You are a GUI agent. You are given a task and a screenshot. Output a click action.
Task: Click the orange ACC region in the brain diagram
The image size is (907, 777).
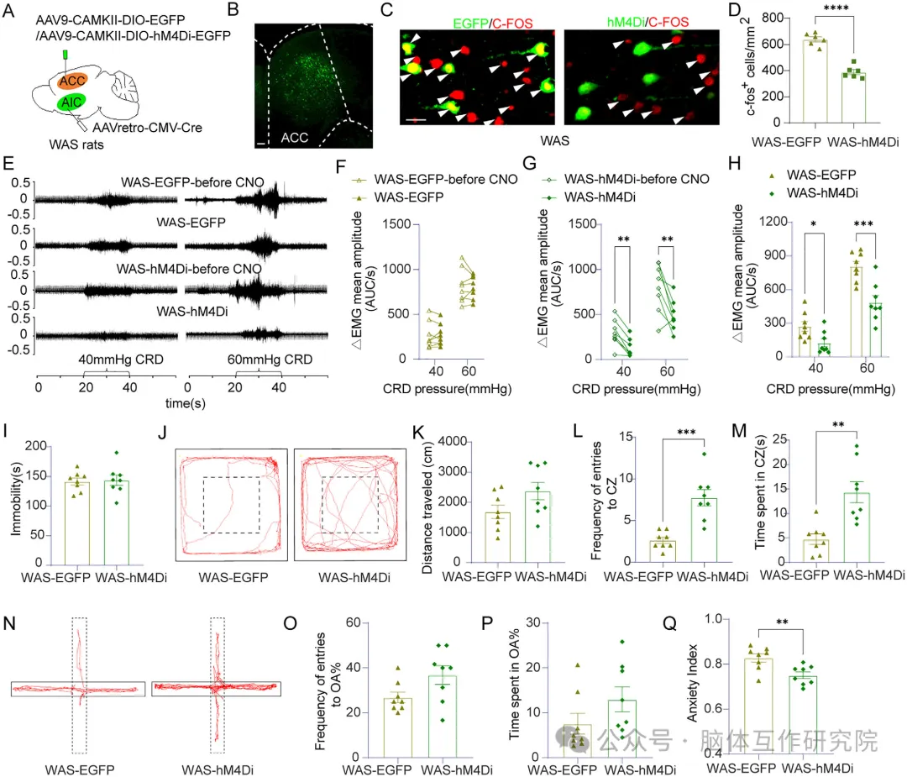tap(72, 81)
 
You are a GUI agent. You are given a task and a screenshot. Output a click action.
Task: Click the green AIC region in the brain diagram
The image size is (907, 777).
tap(71, 102)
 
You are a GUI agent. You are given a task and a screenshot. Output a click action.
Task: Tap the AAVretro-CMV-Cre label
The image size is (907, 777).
tap(148, 128)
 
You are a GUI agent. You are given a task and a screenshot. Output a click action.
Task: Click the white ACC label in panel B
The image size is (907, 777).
tap(295, 138)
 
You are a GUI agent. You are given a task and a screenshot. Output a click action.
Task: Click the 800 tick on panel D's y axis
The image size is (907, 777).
tap(773, 18)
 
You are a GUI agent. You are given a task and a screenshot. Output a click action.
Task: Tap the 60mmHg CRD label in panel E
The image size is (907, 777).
tap(270, 360)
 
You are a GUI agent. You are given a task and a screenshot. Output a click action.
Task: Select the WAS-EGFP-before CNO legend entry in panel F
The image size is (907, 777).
tap(435, 180)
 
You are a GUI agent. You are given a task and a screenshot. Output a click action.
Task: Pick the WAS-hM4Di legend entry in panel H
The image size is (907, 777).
tap(813, 193)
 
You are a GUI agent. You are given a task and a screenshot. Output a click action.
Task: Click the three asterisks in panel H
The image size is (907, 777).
tap(863, 224)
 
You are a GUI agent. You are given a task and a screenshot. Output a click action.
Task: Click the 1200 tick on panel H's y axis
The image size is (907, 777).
tap(773, 222)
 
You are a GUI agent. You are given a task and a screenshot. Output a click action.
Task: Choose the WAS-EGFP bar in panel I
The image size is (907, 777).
tap(77, 523)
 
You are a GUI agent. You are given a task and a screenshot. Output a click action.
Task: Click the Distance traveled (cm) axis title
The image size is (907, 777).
tap(427, 508)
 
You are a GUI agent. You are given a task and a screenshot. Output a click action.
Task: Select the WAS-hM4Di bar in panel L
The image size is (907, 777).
tap(704, 530)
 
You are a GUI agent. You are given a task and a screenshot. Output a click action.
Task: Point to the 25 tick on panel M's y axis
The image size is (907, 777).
tap(779, 439)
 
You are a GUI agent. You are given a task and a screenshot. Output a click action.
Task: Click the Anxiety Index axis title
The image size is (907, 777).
tap(692, 683)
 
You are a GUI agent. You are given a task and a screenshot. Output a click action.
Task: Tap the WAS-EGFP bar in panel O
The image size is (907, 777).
tap(398, 727)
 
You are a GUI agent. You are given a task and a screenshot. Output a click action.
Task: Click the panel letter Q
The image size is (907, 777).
tap(670, 623)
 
